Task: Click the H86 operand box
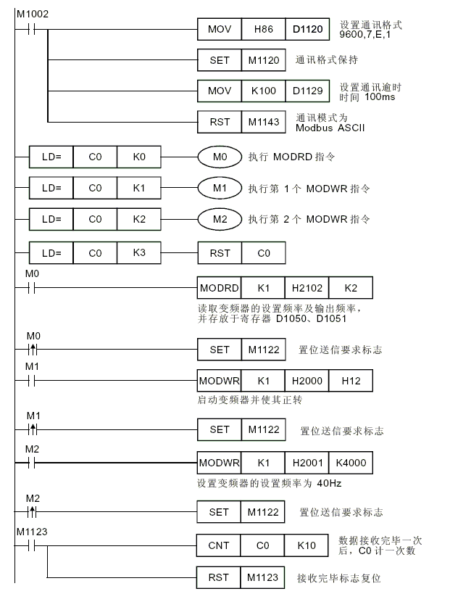[263, 29]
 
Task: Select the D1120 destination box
[307, 29]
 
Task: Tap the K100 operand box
[263, 91]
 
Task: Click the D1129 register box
[307, 91]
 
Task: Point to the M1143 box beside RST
[264, 122]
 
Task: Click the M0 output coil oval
[220, 157]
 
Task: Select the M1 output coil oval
[220, 188]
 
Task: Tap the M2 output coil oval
[220, 219]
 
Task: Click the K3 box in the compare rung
[139, 252]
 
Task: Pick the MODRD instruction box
[219, 288]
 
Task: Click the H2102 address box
[307, 288]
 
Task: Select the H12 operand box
[351, 381]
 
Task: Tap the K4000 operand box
[351, 463]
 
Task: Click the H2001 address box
[307, 463]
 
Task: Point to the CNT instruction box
[218, 545]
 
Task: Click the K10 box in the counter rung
[307, 545]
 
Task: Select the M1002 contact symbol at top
[31, 30]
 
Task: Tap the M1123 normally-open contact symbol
[31, 546]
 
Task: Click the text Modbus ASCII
[330, 128]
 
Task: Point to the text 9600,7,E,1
[364, 35]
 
